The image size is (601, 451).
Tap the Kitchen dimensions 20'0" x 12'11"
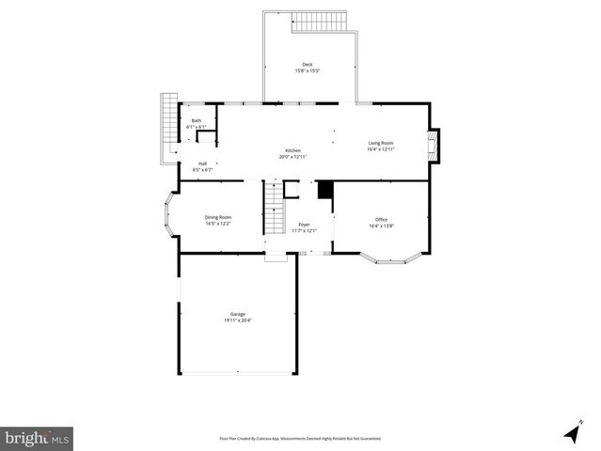[293, 157]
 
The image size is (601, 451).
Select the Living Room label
[380, 143]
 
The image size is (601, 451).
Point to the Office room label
[380, 219]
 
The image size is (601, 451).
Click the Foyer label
[304, 225]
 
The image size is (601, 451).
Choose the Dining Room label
[218, 217]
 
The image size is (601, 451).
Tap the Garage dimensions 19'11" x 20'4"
[238, 320]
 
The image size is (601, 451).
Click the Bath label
[196, 120]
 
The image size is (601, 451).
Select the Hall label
[202, 163]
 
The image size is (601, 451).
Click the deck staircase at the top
[319, 22]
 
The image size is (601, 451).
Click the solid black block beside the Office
[324, 190]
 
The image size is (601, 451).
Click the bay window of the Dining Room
[172, 216]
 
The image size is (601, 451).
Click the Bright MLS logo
[37, 437]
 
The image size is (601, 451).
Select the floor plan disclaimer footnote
[299, 438]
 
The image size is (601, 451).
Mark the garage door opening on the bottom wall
[237, 374]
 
